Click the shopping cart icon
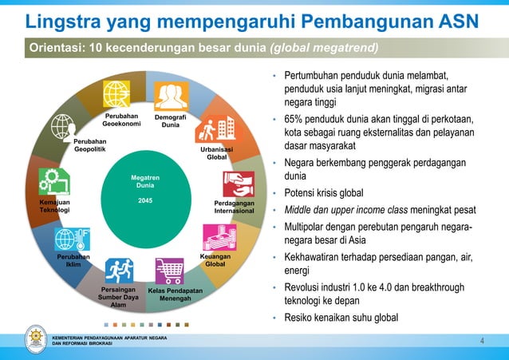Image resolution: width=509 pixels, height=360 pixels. click(x=169, y=271)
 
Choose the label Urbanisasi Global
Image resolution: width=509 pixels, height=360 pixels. click(x=216, y=152)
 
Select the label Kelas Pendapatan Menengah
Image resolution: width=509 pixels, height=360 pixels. click(x=175, y=295)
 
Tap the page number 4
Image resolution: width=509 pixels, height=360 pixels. click(x=482, y=342)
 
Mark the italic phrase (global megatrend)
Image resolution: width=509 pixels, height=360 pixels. click(x=324, y=48)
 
